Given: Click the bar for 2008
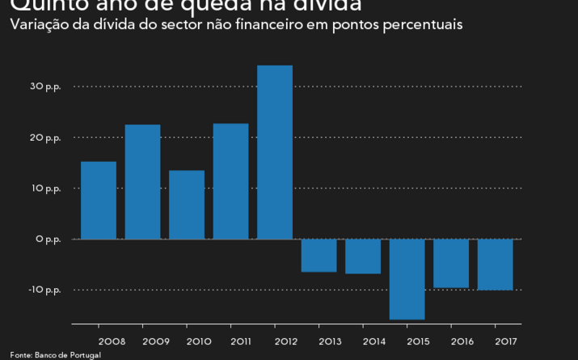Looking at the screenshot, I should point(99,200).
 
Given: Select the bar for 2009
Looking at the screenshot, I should point(142,181).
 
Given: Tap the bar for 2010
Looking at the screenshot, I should point(187,204).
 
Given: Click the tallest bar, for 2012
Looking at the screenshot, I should point(275,152).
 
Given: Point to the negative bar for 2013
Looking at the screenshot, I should point(319,255).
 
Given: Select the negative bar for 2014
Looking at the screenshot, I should point(363,256).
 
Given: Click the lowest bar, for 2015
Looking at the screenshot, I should point(407,278).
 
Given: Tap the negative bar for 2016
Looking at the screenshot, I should point(451,263).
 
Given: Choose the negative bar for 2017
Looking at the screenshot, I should point(495,264).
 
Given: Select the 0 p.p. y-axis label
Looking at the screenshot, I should point(48,239).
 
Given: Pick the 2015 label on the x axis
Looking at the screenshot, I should point(419,340).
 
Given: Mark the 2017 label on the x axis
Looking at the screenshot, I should point(507,340).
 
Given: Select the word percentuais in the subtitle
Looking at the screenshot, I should point(424,25).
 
